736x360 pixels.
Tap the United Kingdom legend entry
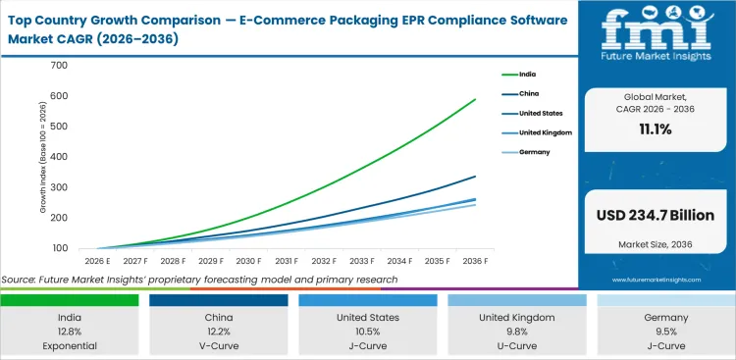(x=546, y=132)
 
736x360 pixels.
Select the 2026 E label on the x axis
(x=96, y=262)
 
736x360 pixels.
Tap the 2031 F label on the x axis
(x=287, y=262)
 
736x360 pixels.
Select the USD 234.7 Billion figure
(x=655, y=215)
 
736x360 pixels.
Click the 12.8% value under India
(x=71, y=331)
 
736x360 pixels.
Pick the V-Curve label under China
(x=220, y=345)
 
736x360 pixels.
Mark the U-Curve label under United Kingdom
(x=516, y=345)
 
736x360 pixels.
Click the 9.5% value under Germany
(x=665, y=331)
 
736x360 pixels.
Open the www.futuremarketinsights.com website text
(x=655, y=280)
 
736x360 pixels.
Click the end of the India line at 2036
(x=476, y=99)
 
